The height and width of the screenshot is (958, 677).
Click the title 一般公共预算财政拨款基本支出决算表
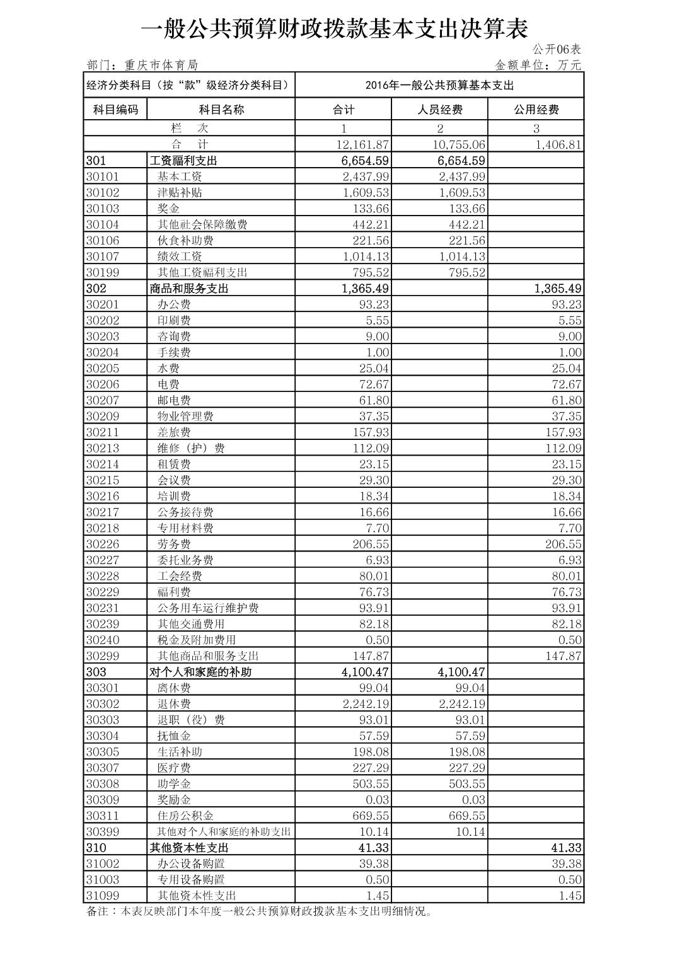coord(333,28)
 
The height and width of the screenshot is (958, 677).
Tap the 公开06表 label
coord(557,49)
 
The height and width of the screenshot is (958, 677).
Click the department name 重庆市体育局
coord(161,65)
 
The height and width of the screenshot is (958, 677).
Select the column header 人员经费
coord(439,110)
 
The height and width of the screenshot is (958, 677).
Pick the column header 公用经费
coord(536,110)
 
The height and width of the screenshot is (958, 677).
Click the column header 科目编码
coord(115,110)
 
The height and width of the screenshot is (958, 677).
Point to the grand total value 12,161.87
coord(362,145)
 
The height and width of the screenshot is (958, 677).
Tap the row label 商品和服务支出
coord(188,289)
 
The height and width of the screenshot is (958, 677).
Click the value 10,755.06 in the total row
coord(459,145)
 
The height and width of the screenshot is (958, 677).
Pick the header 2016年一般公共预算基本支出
coord(439,86)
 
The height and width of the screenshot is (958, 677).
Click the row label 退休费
coord(174,704)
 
